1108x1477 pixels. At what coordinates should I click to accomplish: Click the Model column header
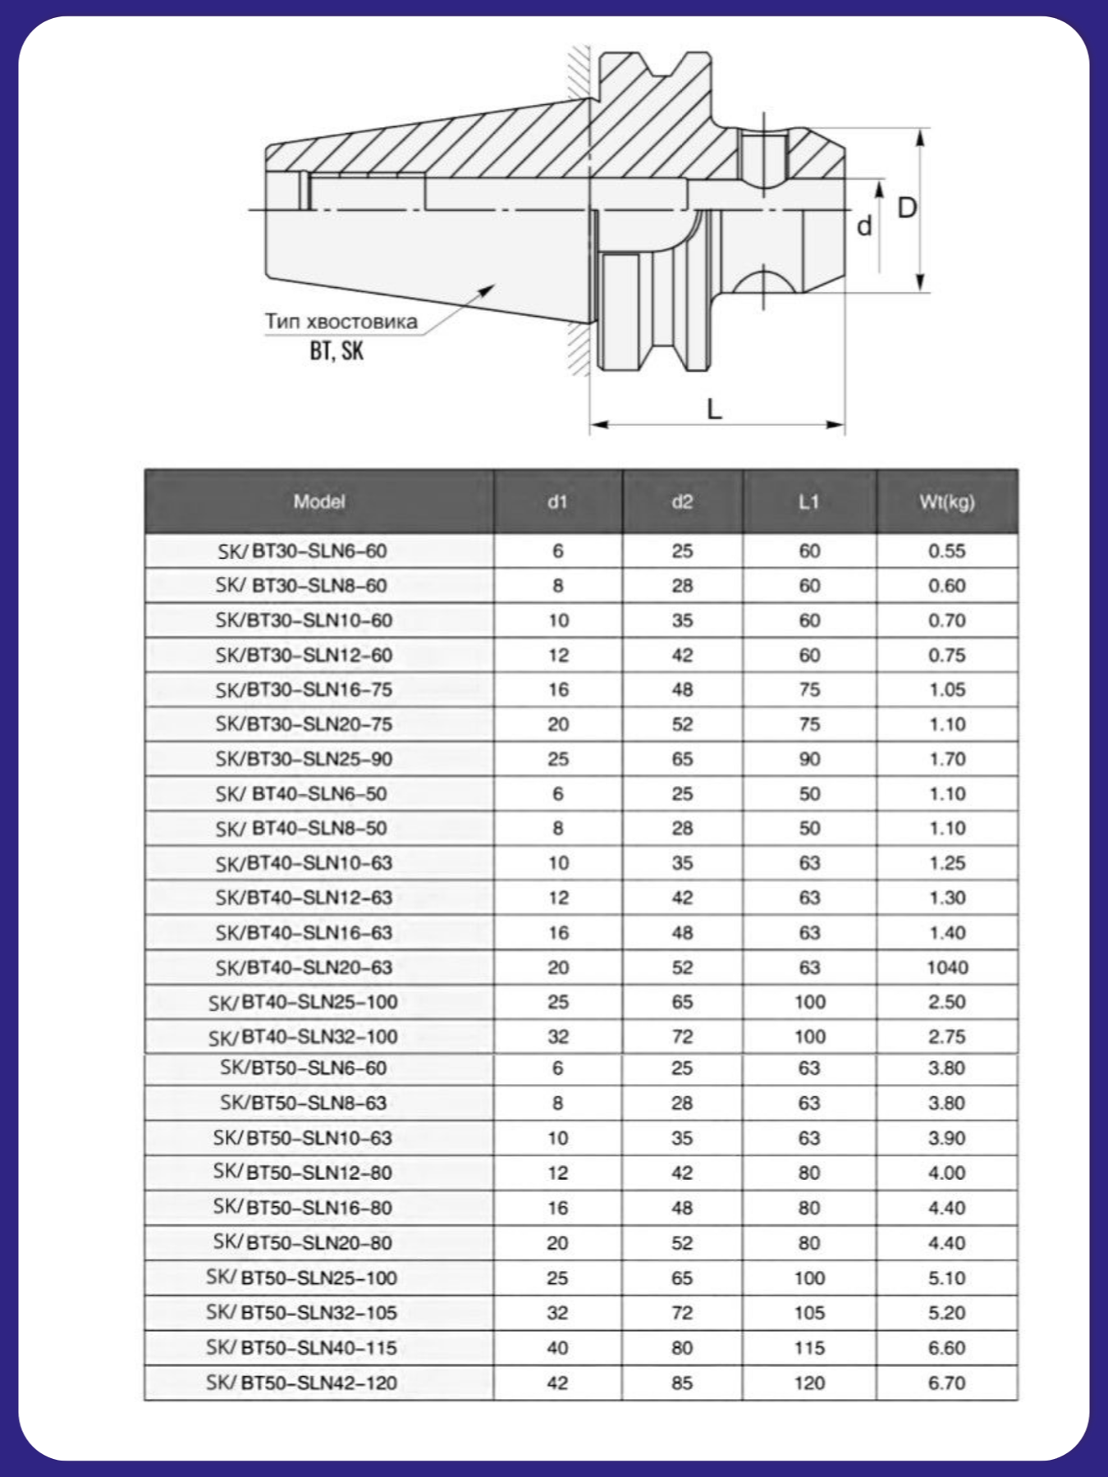point(319,501)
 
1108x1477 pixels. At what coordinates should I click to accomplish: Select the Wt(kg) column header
point(946,501)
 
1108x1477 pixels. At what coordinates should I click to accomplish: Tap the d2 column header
point(682,501)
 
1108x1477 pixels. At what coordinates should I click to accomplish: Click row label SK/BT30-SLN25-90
point(304,759)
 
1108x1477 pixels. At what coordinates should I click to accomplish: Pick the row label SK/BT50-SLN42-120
point(301,1383)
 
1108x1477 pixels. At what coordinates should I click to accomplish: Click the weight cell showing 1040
point(947,967)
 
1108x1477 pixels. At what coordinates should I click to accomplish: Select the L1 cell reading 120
point(809,1383)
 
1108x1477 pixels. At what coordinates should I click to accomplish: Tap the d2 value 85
point(682,1383)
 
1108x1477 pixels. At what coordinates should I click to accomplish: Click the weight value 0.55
point(946,551)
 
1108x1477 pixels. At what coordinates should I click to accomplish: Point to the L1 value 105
point(809,1313)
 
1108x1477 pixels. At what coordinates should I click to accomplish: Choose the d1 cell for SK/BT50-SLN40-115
point(557,1347)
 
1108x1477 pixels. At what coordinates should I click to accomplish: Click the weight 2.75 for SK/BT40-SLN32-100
point(946,1036)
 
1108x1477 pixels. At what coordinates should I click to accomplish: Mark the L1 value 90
point(809,759)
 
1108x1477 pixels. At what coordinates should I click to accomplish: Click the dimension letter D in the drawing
point(906,208)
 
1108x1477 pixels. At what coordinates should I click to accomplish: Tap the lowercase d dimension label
point(864,226)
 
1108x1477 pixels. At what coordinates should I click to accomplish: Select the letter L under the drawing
point(715,408)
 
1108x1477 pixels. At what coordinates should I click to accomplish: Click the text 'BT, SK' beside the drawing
point(337,351)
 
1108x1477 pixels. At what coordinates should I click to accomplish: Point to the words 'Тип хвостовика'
point(341,321)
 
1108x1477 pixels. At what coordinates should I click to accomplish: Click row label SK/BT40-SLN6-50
point(301,793)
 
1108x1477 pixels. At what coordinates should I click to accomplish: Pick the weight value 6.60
point(946,1347)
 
